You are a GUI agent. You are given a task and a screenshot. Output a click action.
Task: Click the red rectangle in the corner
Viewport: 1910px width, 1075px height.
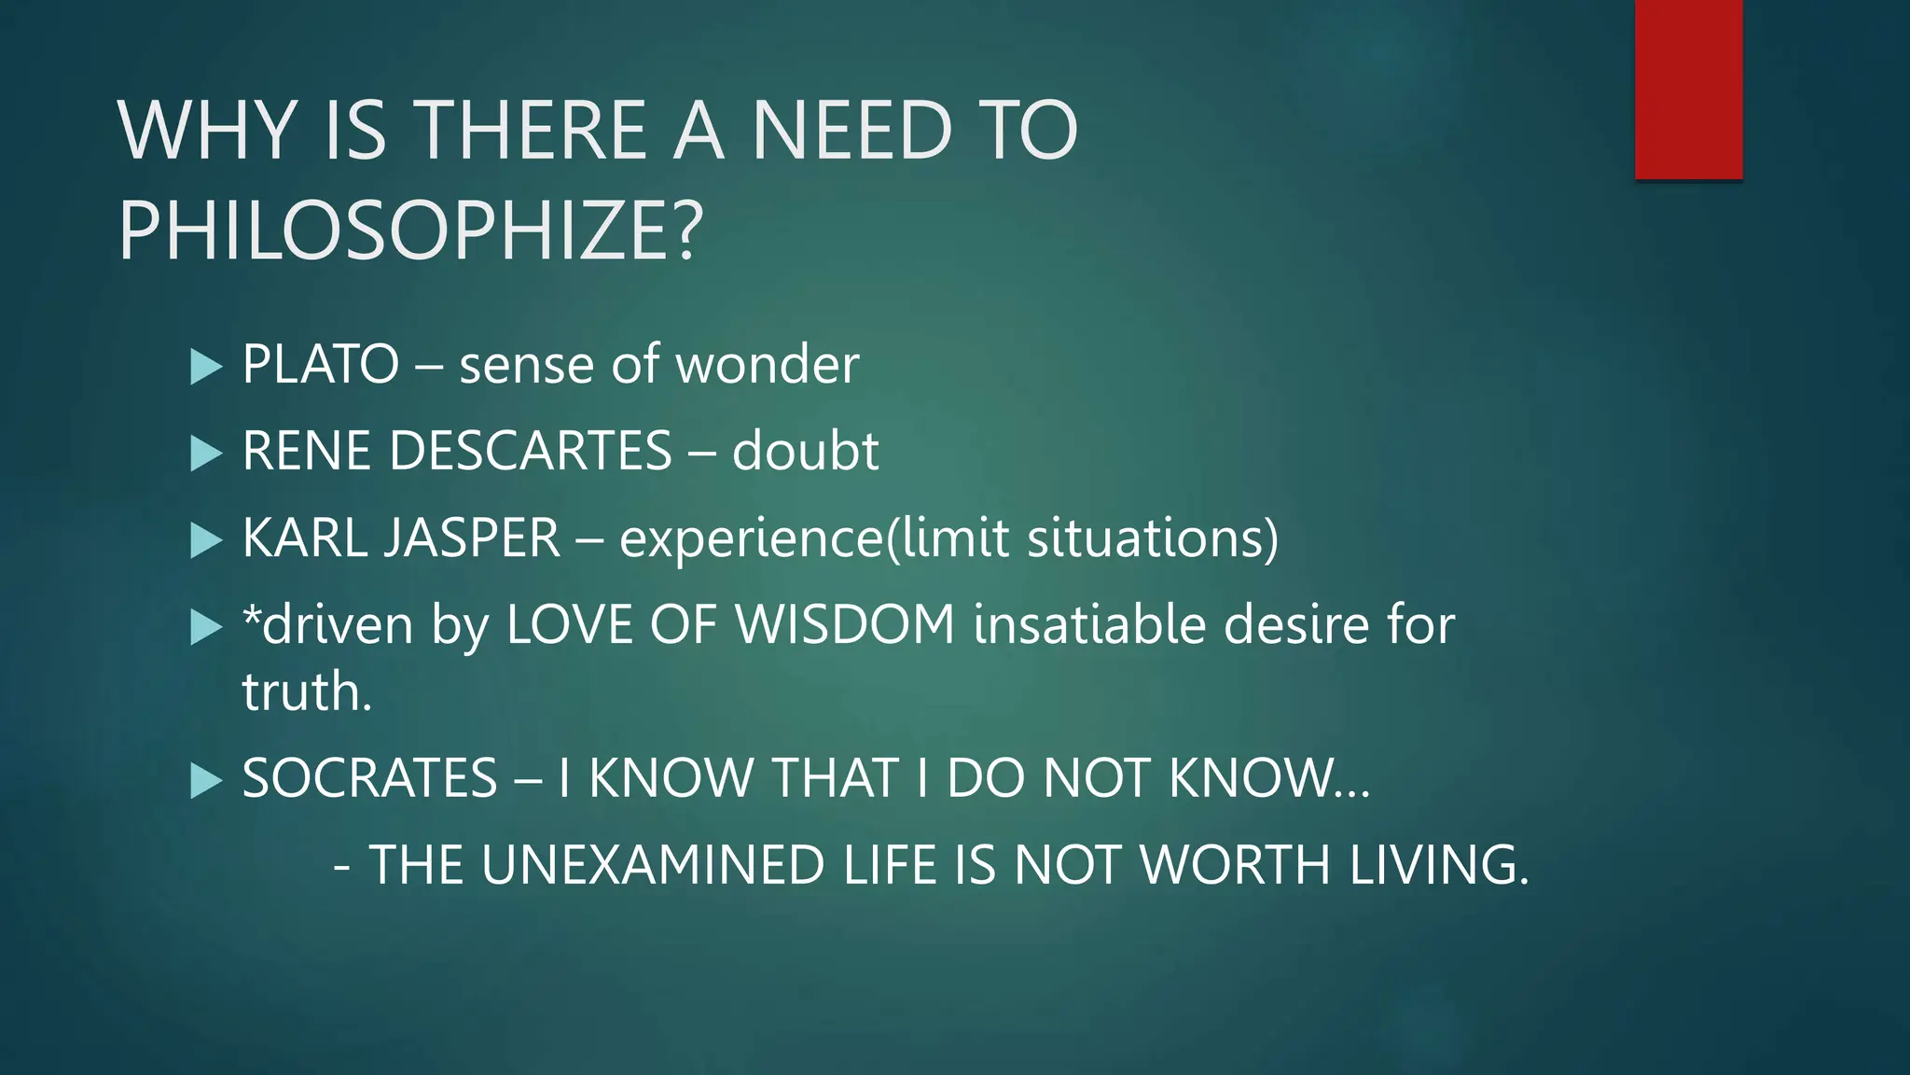tap(1688, 90)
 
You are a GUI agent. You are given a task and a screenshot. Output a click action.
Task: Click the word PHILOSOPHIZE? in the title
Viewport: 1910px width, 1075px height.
tap(410, 231)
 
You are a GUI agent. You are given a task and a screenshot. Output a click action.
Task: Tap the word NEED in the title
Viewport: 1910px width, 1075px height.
tap(851, 131)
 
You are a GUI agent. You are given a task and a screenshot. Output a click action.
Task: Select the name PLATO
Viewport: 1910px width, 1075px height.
tap(320, 364)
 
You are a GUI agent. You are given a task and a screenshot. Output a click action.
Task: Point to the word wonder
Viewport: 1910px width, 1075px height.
tap(767, 364)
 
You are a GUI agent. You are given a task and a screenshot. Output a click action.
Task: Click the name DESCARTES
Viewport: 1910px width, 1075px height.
tap(530, 451)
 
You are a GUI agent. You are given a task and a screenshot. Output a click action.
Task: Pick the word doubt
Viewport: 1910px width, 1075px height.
tap(805, 451)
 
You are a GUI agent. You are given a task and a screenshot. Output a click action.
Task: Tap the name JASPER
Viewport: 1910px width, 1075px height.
tap(471, 538)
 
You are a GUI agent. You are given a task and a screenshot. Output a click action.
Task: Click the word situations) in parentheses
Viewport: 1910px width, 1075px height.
tap(1153, 538)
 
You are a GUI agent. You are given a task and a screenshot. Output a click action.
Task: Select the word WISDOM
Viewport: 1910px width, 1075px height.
tap(845, 624)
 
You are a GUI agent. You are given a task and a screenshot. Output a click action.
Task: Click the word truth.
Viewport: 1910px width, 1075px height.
tap(307, 692)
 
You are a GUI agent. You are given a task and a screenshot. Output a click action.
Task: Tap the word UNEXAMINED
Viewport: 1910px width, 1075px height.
tap(653, 864)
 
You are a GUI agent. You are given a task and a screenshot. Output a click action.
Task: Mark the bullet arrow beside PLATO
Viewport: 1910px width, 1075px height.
tap(206, 367)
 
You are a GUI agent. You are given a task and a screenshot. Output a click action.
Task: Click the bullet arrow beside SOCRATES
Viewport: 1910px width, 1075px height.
tap(206, 780)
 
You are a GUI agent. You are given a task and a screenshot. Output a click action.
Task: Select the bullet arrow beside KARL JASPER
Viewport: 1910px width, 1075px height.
tap(206, 540)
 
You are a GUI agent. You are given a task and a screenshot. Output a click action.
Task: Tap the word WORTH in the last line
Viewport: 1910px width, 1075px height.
tap(1236, 864)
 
